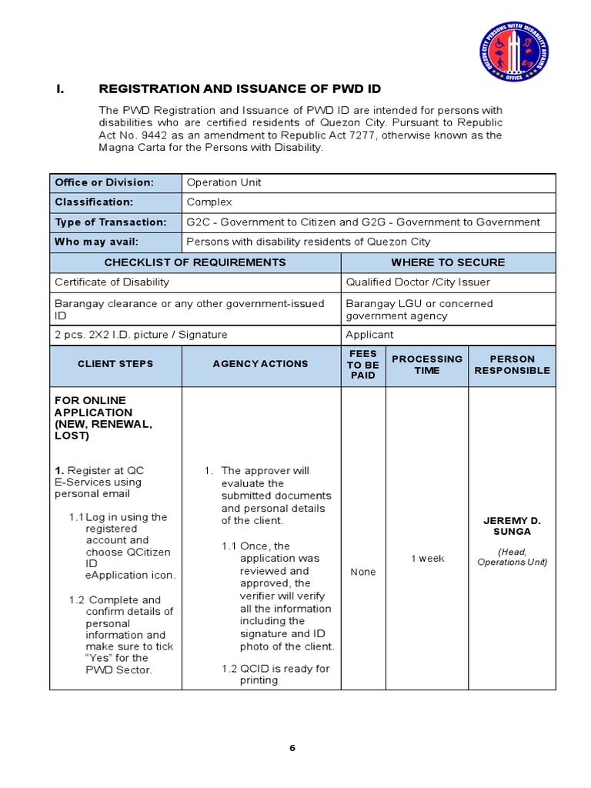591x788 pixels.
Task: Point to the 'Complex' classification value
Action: [x=209, y=202]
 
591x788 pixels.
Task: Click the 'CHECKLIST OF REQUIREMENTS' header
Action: [x=195, y=262]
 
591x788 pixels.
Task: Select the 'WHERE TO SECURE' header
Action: [x=448, y=262]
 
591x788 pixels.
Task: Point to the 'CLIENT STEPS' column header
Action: [x=115, y=364]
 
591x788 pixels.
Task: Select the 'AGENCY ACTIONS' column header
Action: [x=261, y=364]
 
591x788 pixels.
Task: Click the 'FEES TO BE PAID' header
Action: [x=363, y=365]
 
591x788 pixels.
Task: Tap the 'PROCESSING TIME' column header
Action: [x=427, y=365]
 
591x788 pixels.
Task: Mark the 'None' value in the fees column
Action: [x=363, y=572]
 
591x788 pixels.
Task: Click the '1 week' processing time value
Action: [x=427, y=558]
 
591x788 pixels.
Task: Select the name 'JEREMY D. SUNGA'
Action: [x=512, y=526]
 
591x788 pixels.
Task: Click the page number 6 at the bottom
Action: [x=292, y=748]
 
